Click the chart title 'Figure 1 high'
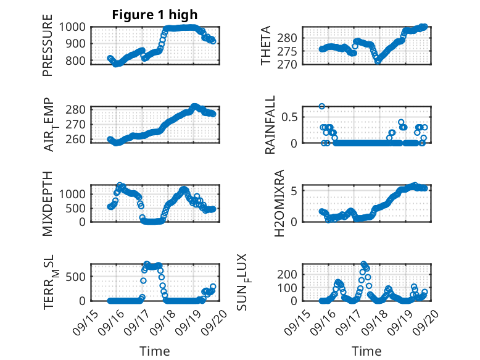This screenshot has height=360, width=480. [154, 15]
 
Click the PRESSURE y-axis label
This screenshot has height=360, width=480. [48, 49]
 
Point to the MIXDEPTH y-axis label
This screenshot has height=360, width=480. [48, 203]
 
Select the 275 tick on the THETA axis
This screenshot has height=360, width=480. [290, 51]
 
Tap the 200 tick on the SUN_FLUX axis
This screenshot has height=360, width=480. [290, 274]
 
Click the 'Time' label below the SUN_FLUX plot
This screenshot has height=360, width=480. [366, 351]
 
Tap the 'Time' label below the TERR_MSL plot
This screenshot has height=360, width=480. [155, 351]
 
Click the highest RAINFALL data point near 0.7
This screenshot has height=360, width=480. [321, 106]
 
